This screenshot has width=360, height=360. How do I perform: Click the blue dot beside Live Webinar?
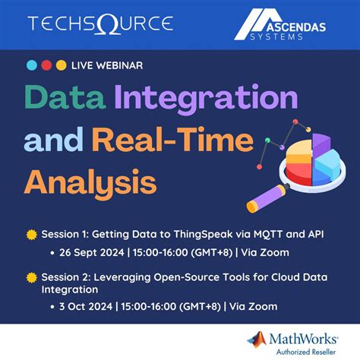(31, 65)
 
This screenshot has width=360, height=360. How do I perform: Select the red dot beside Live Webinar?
(46, 65)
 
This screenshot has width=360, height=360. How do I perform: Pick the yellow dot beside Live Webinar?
(61, 65)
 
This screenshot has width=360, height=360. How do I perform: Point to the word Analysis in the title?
(90, 182)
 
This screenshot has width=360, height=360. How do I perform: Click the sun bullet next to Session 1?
(30, 235)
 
